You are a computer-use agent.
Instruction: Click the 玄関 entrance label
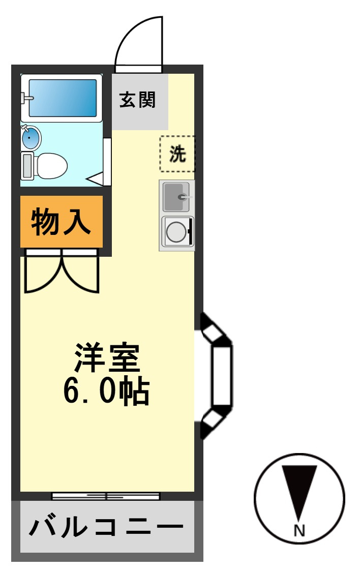tap(137, 100)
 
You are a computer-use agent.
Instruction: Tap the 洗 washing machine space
tap(177, 154)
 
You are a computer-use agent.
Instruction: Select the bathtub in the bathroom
tap(62, 98)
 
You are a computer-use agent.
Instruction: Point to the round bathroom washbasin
tap(31, 137)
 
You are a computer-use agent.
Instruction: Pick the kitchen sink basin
tap(176, 197)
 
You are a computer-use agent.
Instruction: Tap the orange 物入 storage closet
tap(62, 222)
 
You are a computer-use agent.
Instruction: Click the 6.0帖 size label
tap(106, 391)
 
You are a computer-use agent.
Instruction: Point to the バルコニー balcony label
tap(106, 527)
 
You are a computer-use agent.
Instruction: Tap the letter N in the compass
tap(299, 530)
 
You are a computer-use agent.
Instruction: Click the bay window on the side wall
tap(216, 376)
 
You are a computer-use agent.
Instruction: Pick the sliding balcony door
tap(106, 496)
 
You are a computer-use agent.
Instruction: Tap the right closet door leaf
tap(81, 272)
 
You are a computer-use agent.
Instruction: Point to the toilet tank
tap(27, 166)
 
